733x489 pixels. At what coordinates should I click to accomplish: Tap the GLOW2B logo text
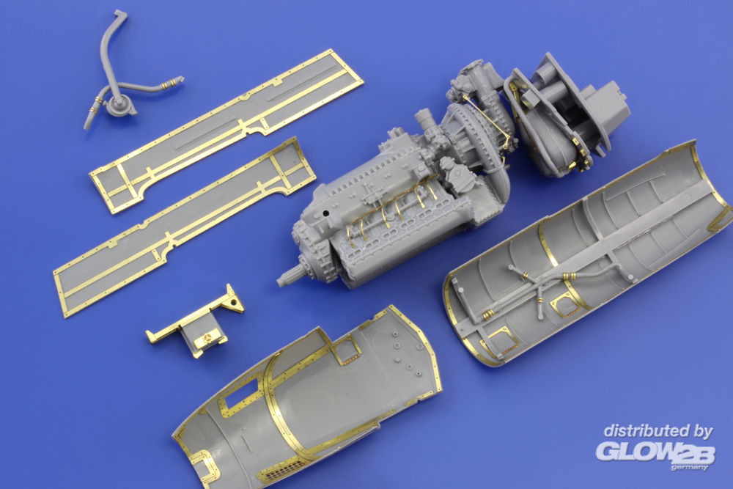coord(655,452)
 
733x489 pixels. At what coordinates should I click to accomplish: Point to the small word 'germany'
coord(689,467)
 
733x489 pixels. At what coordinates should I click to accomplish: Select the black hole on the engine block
coord(326,213)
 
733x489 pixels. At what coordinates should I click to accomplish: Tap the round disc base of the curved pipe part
coord(120,106)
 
